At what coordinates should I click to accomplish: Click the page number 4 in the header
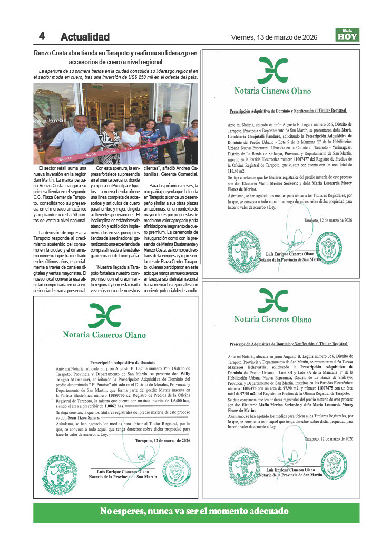pyautogui.click(x=41, y=36)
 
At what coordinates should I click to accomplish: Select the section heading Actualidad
pyautogui.click(x=85, y=37)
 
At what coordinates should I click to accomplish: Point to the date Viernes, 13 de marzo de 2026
pyautogui.click(x=274, y=37)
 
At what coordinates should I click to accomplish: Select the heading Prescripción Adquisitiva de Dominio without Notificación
pyautogui.click(x=123, y=362)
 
